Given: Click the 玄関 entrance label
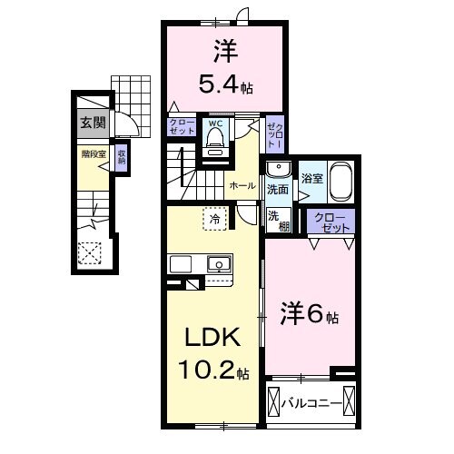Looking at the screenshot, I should click(89, 123).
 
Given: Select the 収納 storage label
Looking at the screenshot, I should click(121, 157).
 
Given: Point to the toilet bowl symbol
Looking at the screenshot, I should click(215, 139).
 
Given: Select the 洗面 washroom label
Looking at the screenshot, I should click(278, 190).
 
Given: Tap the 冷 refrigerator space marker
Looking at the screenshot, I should click(214, 219).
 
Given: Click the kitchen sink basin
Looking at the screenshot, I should click(218, 264).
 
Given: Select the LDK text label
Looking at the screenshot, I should click(212, 339).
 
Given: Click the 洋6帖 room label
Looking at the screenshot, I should click(309, 317).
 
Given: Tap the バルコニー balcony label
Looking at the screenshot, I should click(311, 400).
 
